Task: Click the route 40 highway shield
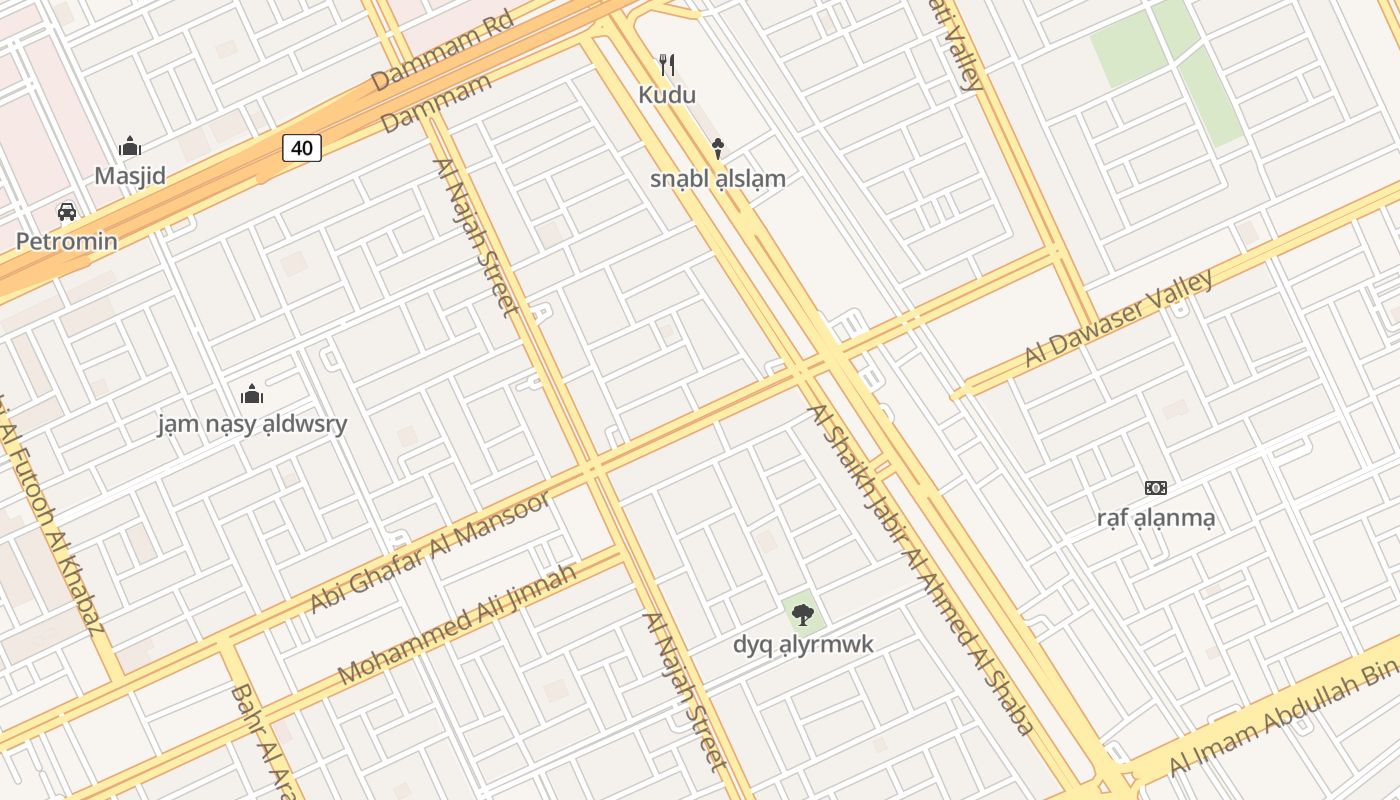coord(301,148)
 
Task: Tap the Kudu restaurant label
coord(667,95)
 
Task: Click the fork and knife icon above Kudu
coord(667,66)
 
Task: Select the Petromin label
coord(67,241)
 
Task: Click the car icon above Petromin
coord(67,211)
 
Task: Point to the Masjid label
coord(130,176)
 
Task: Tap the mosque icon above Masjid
coord(130,147)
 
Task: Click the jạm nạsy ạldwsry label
coord(253,423)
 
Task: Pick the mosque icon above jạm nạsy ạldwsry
coord(252,393)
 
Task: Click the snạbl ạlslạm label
coord(718,179)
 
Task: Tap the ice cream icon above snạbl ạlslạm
coord(717,149)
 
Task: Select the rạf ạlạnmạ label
coord(1156,518)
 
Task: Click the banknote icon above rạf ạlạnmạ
coord(1156,488)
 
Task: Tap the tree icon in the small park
coord(802,614)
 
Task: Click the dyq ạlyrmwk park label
coord(803,644)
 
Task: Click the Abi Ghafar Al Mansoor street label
coord(430,552)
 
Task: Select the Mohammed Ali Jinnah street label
coord(457,625)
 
